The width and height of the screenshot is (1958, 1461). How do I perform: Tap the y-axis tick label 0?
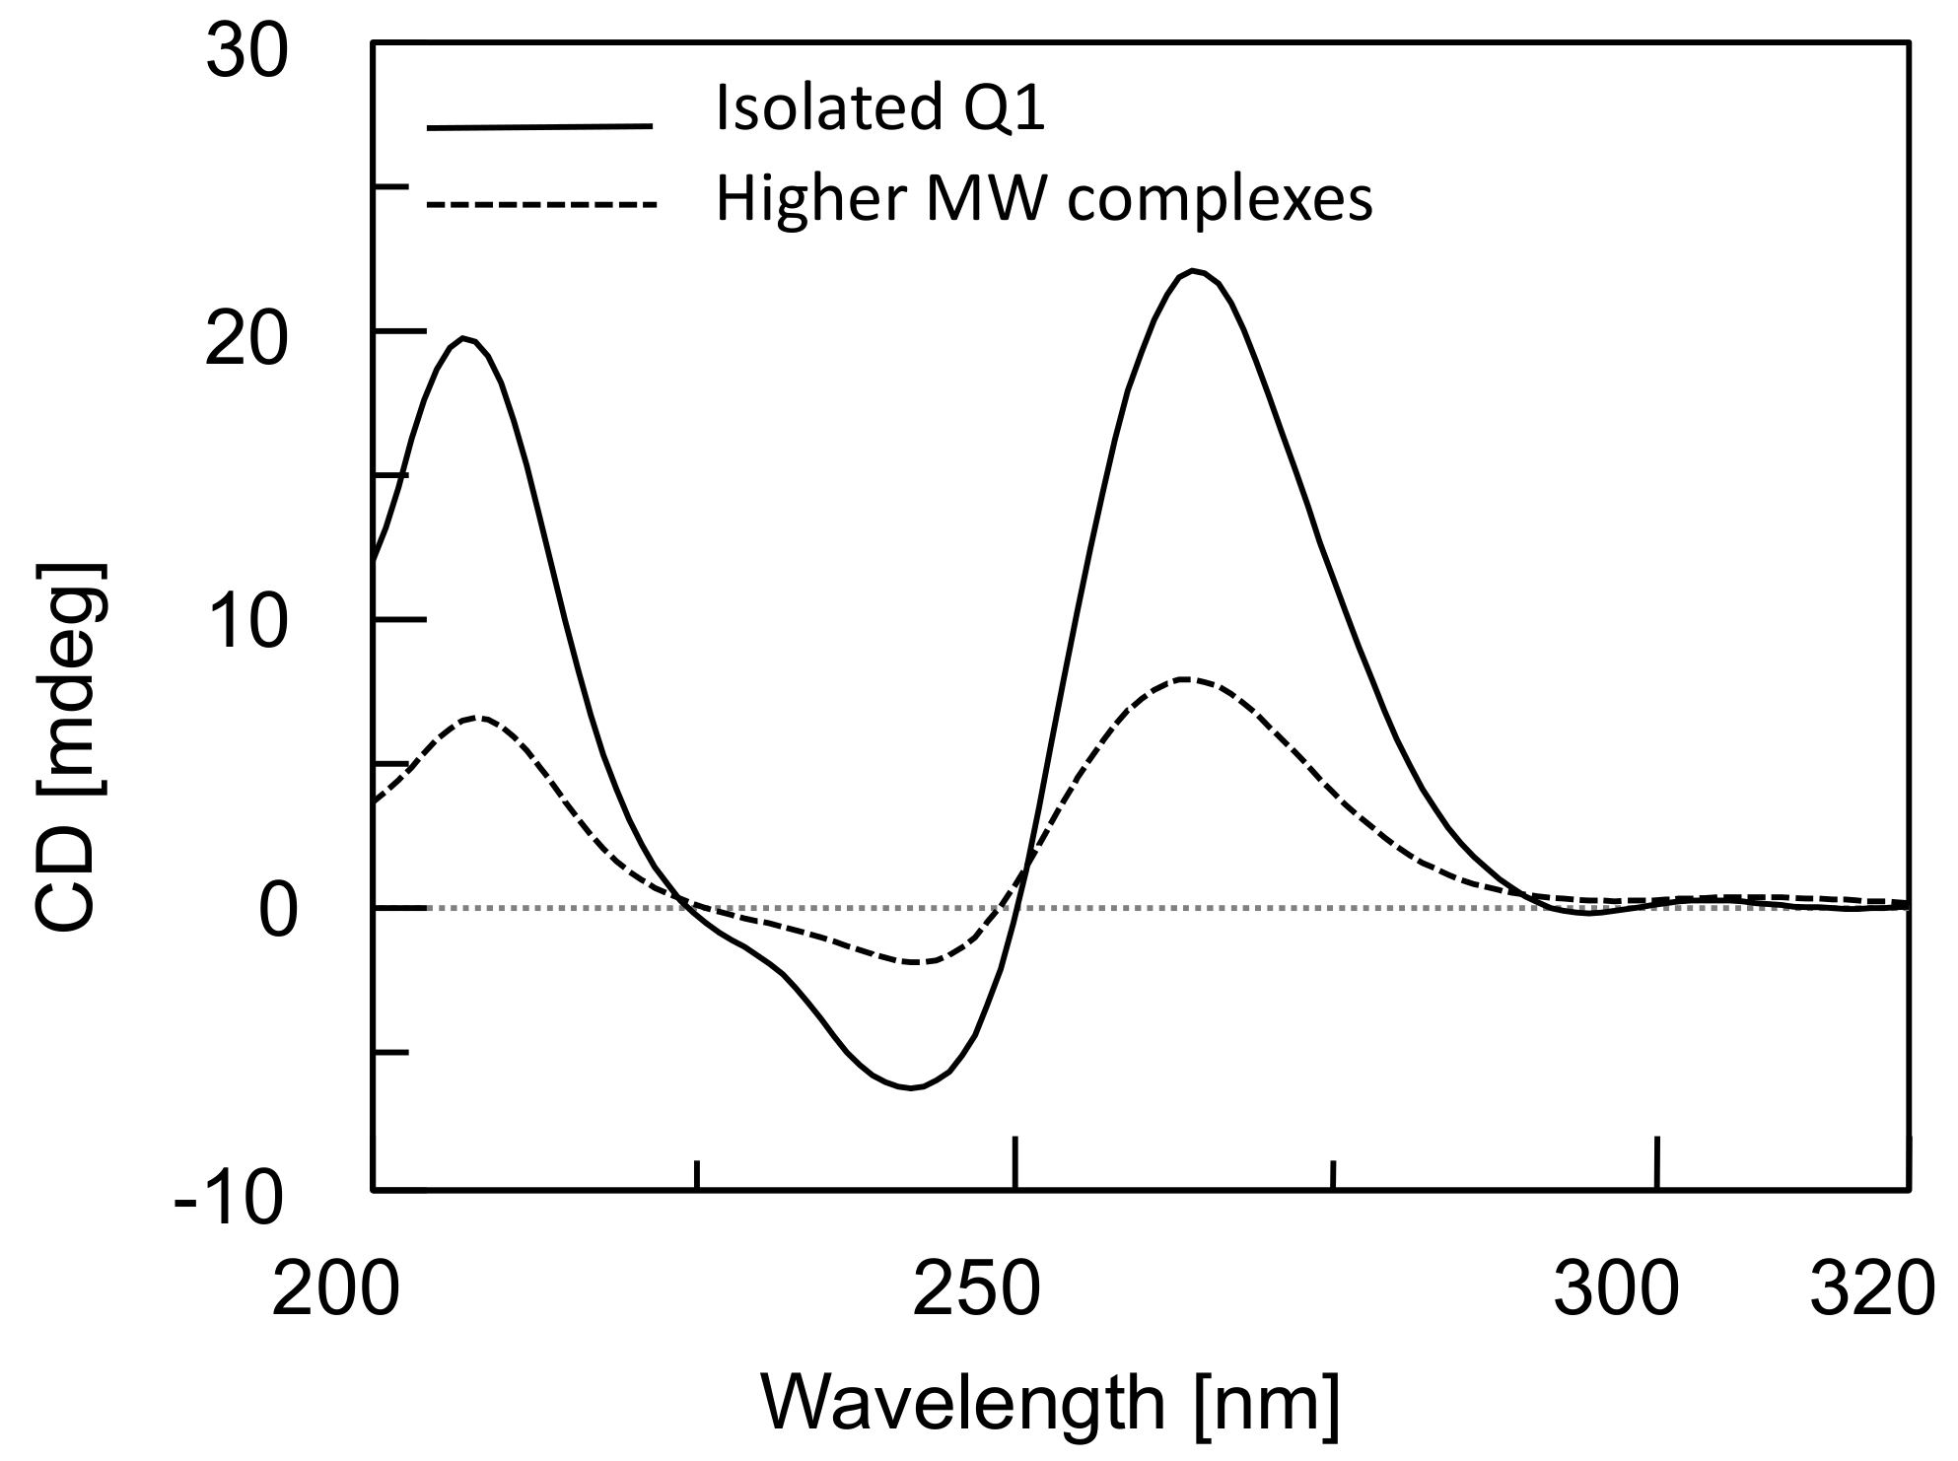277,912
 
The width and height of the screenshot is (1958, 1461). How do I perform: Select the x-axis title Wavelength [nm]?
1051,1404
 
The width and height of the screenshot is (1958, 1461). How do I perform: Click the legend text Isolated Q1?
879,107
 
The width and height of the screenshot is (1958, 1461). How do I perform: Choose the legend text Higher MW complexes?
1043,199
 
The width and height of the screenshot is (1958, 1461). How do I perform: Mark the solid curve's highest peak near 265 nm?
1193,270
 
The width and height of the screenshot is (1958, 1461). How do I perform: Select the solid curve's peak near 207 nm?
464,339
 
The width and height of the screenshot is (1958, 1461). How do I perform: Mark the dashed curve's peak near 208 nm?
479,718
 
